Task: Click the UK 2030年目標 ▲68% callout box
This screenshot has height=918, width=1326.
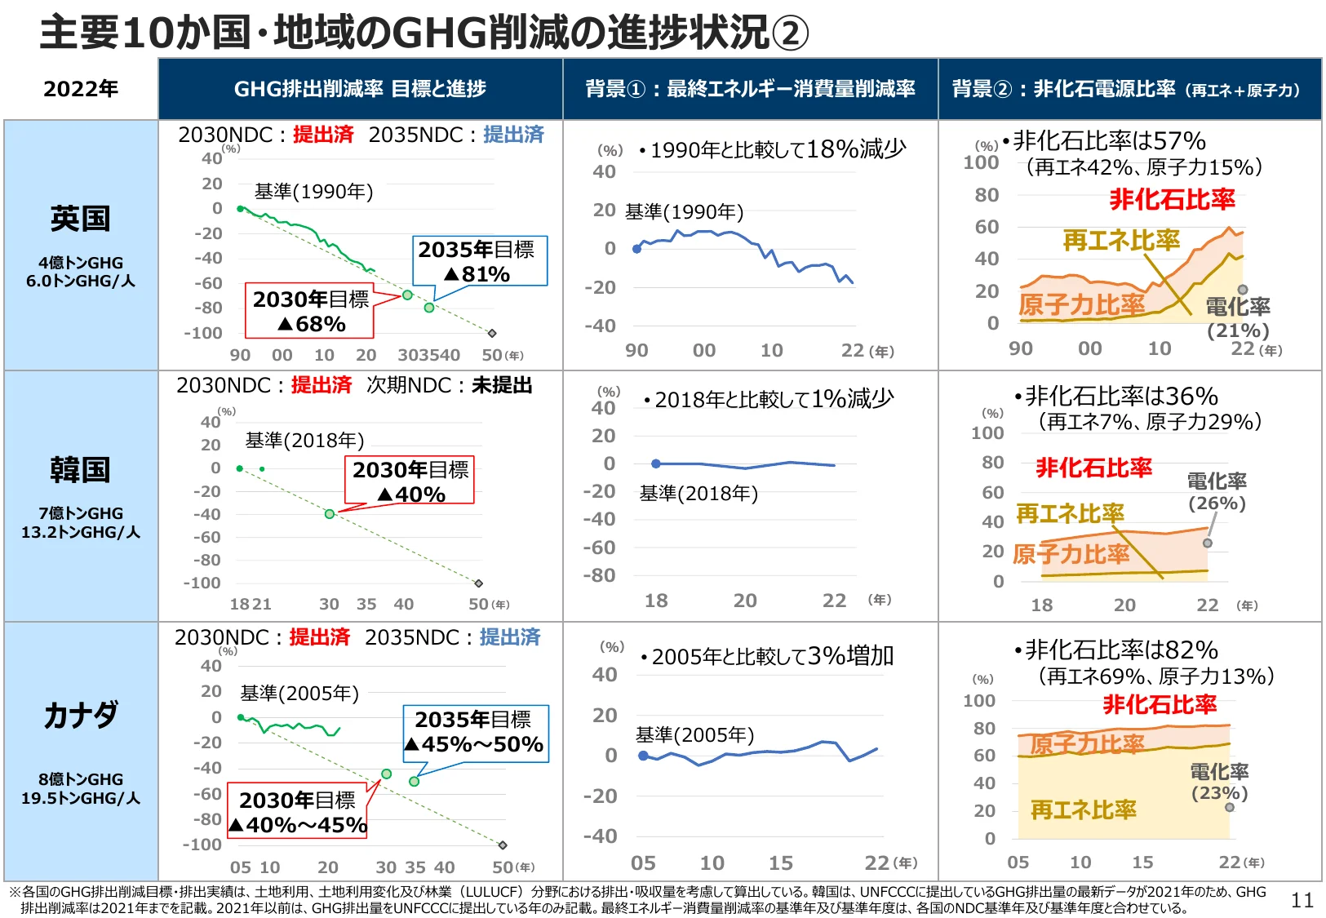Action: (309, 311)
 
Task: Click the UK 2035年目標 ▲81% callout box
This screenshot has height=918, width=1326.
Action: (477, 261)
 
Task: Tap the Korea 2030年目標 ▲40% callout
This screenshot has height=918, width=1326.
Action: (410, 481)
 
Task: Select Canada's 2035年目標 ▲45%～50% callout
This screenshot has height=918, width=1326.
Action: (476, 733)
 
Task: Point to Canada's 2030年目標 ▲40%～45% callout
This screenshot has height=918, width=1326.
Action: (299, 812)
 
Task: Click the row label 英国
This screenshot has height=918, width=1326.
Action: (80, 219)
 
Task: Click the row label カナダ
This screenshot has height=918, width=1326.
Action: (80, 715)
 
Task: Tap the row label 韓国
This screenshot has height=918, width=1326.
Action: (80, 469)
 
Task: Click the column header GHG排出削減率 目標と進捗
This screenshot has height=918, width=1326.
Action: (360, 89)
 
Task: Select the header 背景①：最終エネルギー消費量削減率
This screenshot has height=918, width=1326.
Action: (750, 89)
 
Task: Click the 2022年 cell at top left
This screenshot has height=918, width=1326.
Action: (80, 89)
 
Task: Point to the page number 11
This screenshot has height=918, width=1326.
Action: (1302, 900)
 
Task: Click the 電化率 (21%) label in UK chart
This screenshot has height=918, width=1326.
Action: (1238, 317)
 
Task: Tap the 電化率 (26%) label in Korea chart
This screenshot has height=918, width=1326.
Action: (1216, 491)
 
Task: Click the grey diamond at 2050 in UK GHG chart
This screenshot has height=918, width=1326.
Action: (492, 333)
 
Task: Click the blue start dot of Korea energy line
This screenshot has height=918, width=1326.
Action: (656, 463)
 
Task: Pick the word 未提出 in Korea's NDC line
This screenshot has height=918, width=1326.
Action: (502, 385)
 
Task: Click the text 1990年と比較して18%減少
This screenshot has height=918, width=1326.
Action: (778, 149)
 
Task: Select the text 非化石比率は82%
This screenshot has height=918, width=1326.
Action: (1120, 650)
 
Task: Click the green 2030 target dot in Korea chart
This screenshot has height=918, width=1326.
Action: (330, 514)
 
